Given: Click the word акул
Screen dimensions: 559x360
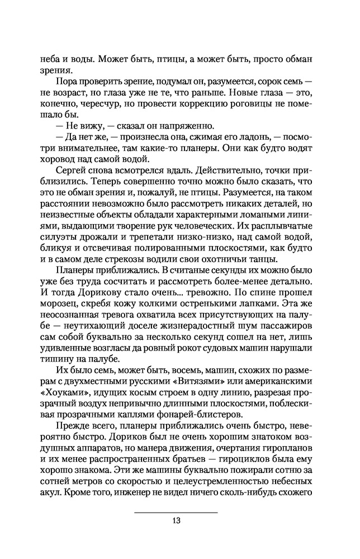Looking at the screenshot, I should (50, 496).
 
